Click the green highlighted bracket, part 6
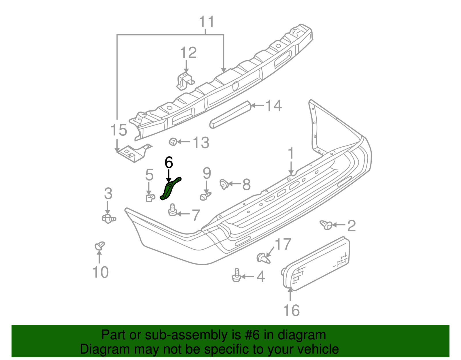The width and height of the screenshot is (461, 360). (x=168, y=190)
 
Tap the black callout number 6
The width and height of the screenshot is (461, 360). (x=169, y=162)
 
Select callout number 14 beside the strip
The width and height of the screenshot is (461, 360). (x=273, y=106)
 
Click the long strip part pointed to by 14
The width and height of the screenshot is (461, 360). (x=230, y=114)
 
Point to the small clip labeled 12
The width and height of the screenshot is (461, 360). (x=184, y=80)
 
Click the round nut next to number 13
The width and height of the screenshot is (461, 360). (x=173, y=142)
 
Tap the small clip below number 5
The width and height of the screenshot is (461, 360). (x=150, y=198)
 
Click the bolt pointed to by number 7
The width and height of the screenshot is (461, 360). (x=173, y=210)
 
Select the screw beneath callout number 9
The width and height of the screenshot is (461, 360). (x=205, y=196)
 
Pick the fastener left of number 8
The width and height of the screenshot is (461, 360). (x=224, y=184)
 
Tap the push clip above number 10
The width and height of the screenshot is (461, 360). (x=99, y=246)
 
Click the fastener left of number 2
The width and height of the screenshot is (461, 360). (x=326, y=225)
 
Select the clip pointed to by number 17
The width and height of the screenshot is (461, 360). (x=263, y=257)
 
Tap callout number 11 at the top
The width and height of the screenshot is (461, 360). (x=207, y=22)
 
